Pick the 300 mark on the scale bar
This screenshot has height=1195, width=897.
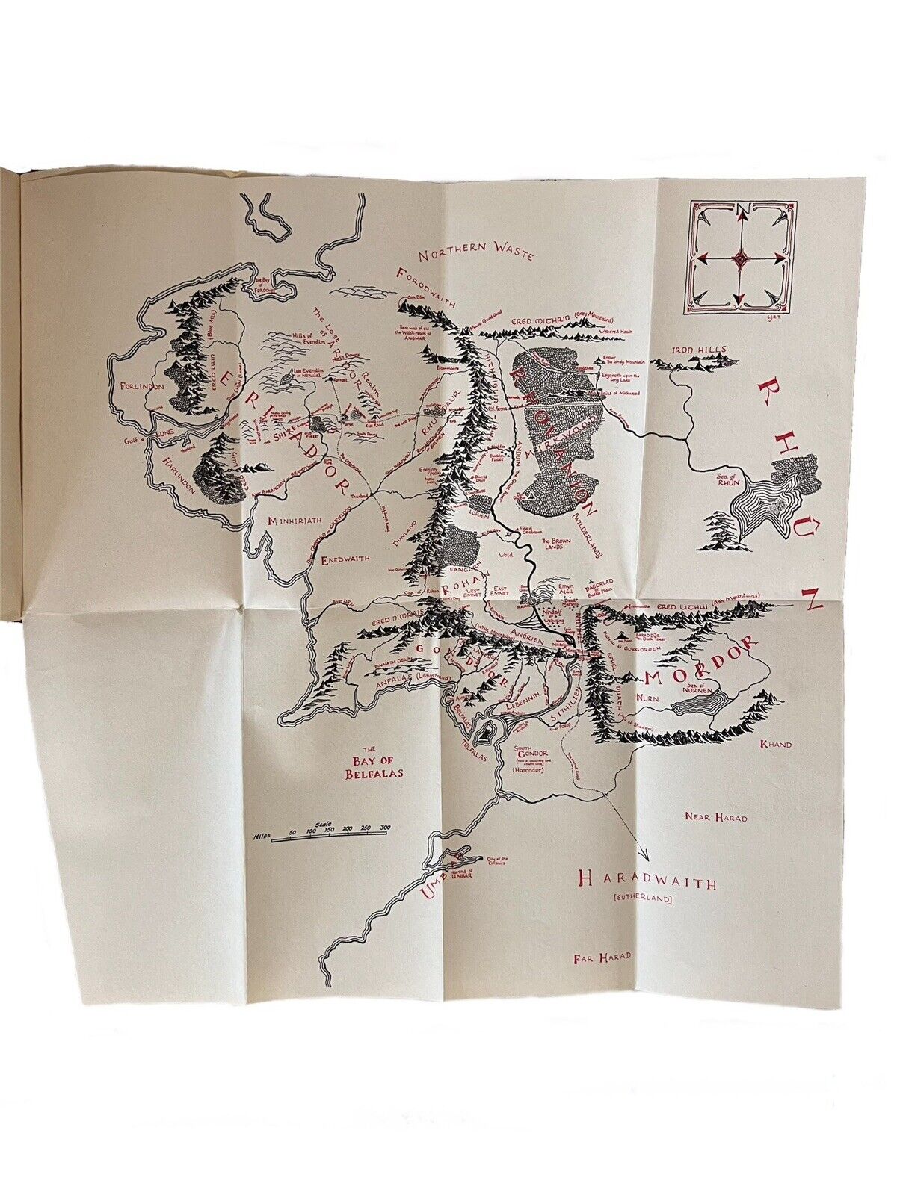385,829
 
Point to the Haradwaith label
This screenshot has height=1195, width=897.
648,883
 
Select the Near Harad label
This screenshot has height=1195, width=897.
715,817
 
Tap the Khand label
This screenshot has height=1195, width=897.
774,744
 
